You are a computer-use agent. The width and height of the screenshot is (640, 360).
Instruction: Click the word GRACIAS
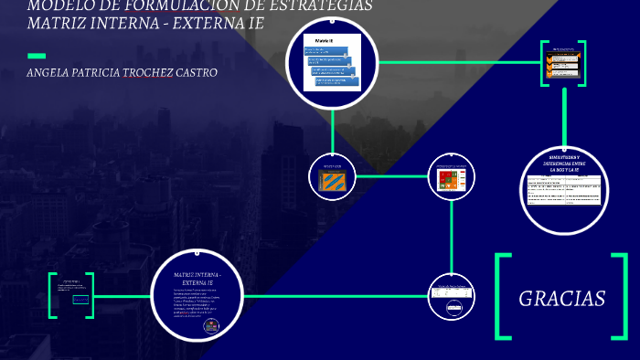tap(561, 299)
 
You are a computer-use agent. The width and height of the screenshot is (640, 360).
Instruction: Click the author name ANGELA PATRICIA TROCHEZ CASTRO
tap(123, 72)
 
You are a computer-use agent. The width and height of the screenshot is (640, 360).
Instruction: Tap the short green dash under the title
tap(37, 56)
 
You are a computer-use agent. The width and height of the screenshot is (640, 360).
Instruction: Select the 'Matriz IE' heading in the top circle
tap(325, 42)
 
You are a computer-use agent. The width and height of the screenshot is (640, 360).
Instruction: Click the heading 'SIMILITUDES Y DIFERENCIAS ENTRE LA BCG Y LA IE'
tap(563, 164)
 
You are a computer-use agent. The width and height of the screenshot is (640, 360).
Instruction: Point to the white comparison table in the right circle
tap(563, 189)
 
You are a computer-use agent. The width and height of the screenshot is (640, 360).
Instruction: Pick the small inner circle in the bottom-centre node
tap(452, 308)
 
